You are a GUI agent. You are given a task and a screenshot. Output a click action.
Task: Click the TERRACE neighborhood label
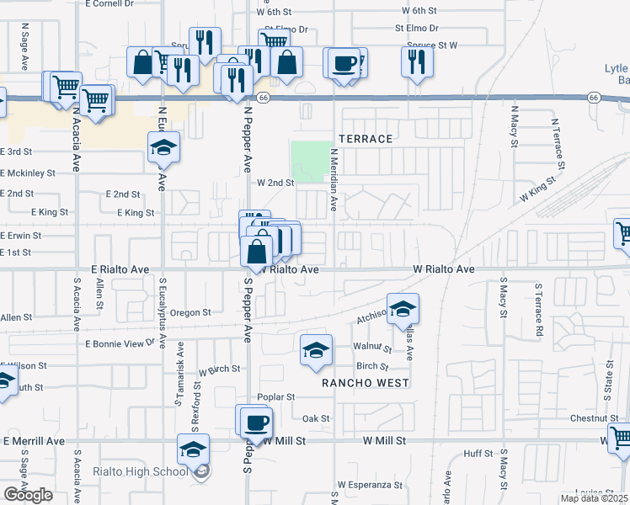pos(366,138)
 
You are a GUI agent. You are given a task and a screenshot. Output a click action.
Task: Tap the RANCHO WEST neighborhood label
pos(366,383)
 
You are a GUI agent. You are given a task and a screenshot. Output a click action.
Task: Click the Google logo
pos(29,495)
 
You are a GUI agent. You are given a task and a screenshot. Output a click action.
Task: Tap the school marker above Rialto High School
pos(193,449)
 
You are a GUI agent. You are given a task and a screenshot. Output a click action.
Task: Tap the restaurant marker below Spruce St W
pos(418,61)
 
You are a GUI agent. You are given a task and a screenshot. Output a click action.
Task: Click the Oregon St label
pos(190,312)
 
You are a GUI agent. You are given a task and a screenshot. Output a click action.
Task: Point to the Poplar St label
pos(277,397)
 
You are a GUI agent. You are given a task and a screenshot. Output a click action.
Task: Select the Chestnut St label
pos(594,418)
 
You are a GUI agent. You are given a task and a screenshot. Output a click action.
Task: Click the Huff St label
pos(478,454)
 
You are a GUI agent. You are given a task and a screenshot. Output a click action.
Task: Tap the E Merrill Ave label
pos(35,441)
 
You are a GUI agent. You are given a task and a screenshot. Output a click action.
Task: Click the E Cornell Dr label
pos(109,4)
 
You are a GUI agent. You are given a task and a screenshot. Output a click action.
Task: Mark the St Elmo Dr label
pos(416,28)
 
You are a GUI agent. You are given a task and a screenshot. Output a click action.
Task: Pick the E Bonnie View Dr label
pos(120,343)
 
